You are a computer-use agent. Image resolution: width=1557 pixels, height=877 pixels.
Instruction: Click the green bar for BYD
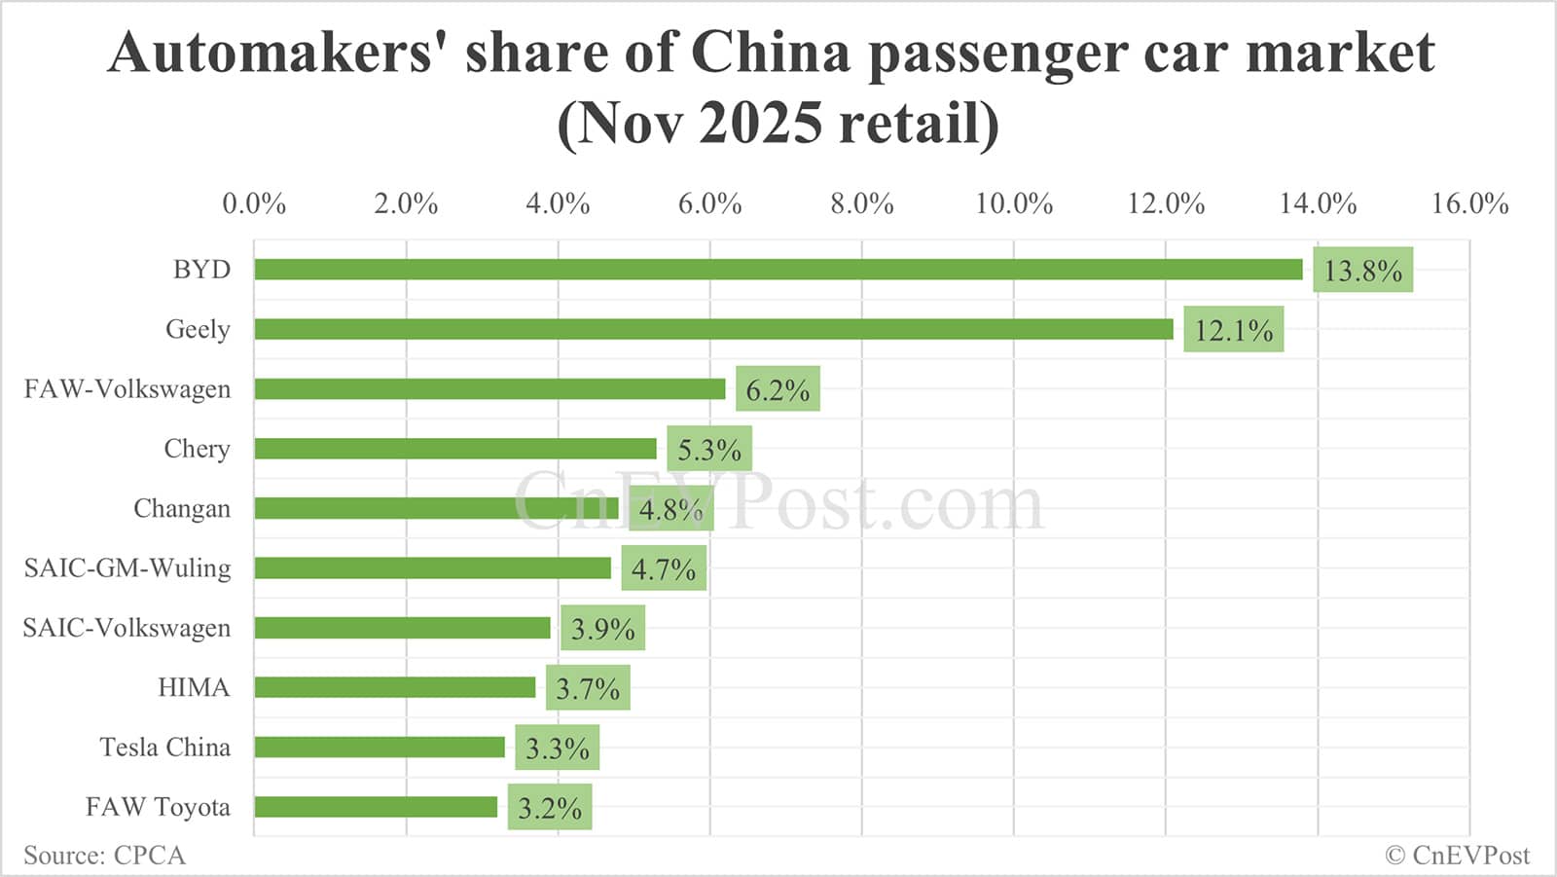778,270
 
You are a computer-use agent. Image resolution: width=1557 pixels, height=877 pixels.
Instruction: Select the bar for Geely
713,329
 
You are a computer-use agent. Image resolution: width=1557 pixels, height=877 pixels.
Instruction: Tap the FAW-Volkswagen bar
489,389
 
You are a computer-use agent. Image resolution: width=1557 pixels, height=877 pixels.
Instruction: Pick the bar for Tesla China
380,747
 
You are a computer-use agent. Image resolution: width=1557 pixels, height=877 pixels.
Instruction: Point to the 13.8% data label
1362,271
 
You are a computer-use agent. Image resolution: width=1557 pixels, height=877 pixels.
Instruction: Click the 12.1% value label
1233,330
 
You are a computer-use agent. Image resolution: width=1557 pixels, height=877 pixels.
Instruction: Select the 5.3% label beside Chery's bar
708,450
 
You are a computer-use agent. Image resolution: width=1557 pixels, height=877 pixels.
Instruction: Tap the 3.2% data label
549,808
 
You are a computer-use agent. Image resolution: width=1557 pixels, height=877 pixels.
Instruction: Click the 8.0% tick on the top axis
861,203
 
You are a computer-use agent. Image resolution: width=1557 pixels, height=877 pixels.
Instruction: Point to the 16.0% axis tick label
1469,203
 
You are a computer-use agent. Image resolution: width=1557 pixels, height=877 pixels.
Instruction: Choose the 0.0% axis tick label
254,203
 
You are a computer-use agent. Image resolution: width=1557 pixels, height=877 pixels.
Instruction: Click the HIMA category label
194,687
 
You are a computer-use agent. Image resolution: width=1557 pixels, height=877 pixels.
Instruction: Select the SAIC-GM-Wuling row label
127,567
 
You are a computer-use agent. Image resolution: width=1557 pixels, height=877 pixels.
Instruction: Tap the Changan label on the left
182,508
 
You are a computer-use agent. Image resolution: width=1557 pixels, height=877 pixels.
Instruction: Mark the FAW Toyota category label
158,807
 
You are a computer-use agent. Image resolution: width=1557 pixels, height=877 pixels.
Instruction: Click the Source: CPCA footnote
104,855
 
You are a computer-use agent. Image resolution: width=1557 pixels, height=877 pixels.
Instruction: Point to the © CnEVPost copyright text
1457,855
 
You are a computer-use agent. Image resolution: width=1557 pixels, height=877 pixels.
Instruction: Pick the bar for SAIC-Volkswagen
402,628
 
